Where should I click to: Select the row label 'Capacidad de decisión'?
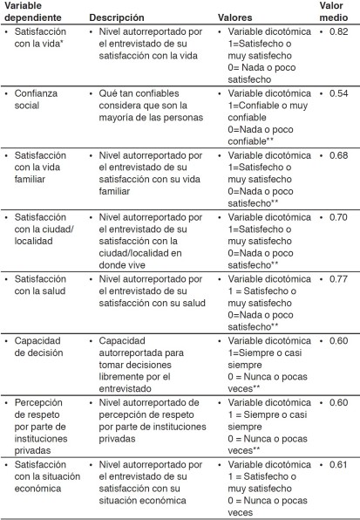pos(43,346)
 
